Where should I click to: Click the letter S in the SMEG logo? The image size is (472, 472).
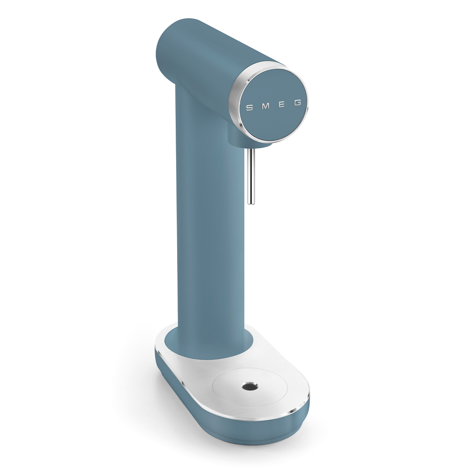249,107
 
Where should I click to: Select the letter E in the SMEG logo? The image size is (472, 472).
281,105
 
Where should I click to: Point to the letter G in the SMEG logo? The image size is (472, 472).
298,103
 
